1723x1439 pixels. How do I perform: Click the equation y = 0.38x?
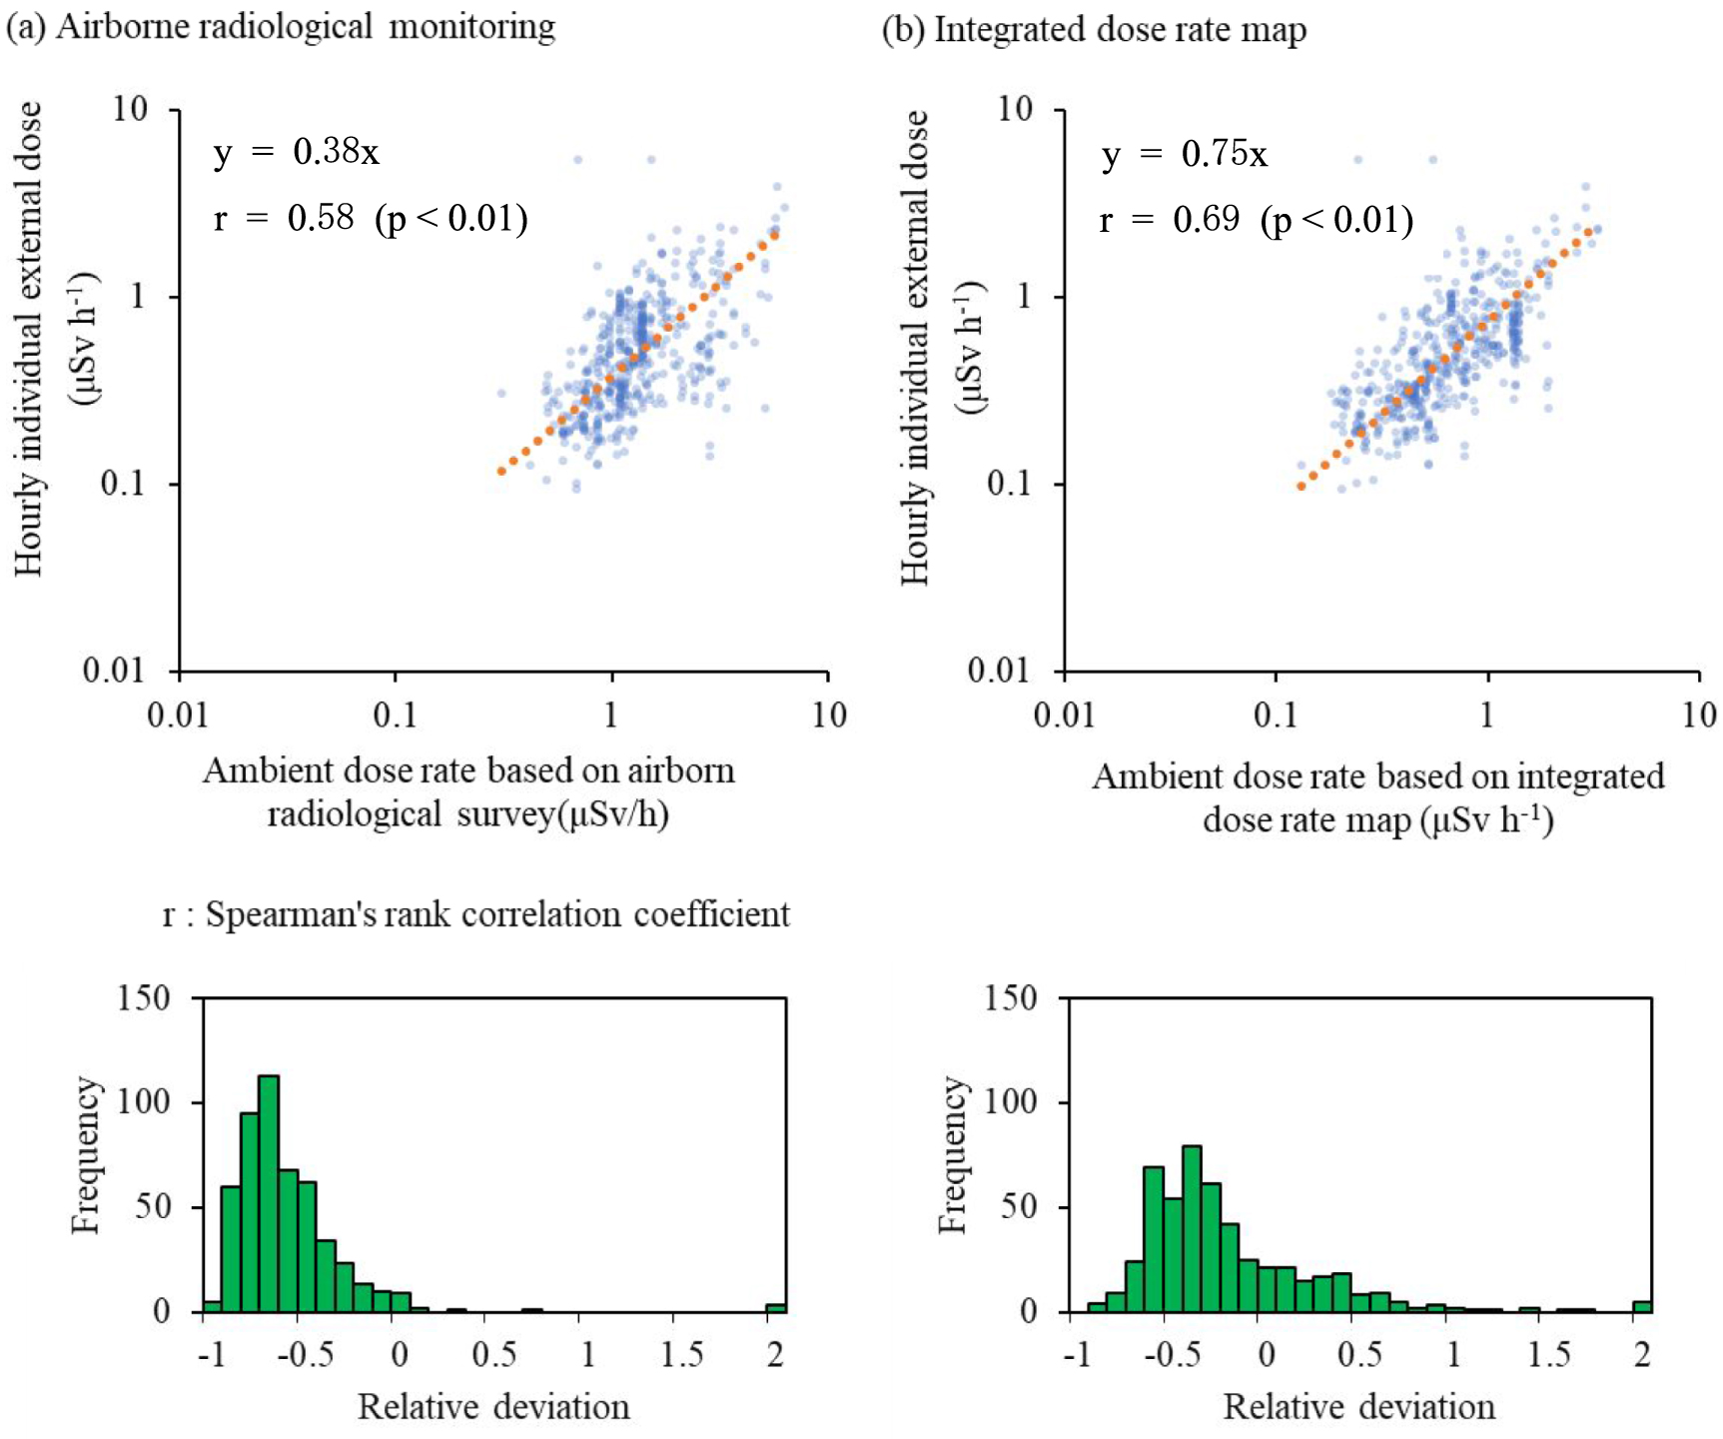(296, 152)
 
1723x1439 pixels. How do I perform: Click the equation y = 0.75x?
(1184, 154)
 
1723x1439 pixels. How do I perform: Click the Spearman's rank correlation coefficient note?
(476, 914)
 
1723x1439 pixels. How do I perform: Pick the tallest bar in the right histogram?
(1192, 1228)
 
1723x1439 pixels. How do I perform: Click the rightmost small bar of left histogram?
(776, 1307)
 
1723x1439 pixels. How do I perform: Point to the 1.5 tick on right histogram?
(1547, 1354)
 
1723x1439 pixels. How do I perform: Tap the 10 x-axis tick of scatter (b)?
(1699, 715)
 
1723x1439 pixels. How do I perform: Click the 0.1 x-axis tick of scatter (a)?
(395, 715)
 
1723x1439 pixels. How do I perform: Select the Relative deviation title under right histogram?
(1358, 1407)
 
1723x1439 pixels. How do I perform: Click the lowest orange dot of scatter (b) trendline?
(1300, 487)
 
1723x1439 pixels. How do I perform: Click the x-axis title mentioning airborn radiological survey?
(468, 792)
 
